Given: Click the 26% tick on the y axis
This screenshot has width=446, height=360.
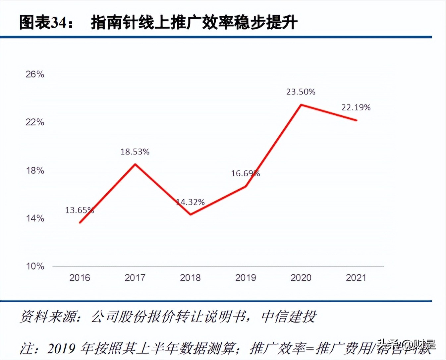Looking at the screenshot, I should [x=35, y=74].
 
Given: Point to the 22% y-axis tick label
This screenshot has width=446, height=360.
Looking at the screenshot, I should [x=35, y=122].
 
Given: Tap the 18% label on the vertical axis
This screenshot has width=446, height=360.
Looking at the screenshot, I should [x=35, y=170].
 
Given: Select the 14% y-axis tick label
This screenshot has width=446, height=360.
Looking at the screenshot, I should [x=35, y=218].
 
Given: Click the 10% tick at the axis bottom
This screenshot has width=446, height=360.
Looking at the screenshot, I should [x=35, y=266].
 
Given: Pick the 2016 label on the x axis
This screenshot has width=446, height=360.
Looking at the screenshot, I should [x=80, y=278].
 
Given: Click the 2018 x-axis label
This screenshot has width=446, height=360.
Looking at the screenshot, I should [x=190, y=278].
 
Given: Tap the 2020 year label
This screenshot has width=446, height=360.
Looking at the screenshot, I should [x=301, y=278].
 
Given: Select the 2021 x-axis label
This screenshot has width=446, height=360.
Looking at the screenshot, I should [x=356, y=278].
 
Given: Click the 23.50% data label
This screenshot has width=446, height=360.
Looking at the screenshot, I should [x=301, y=92].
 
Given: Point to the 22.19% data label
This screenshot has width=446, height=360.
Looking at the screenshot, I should [x=356, y=107].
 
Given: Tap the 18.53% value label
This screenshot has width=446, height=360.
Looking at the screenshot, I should [x=135, y=152].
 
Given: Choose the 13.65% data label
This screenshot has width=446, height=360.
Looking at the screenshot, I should [x=80, y=210].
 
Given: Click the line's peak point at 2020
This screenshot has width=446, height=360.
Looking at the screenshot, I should [x=301, y=105].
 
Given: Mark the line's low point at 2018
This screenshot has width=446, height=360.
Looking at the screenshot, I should [x=191, y=214].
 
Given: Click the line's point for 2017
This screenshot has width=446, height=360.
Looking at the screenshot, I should [x=135, y=164].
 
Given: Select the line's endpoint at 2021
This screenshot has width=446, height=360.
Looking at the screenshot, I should [x=357, y=120].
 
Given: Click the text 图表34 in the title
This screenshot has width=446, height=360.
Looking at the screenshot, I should [x=43, y=23].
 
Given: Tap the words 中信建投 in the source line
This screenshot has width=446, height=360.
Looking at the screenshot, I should [x=289, y=317].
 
